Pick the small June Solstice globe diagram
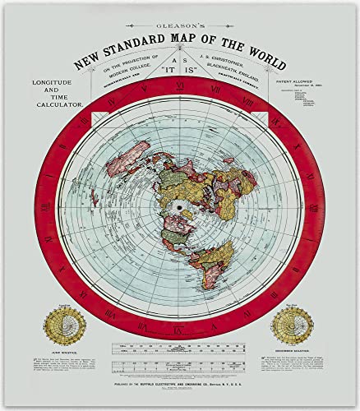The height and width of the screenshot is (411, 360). point(60,324)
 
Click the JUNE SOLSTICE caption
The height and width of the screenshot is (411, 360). point(60,350)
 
